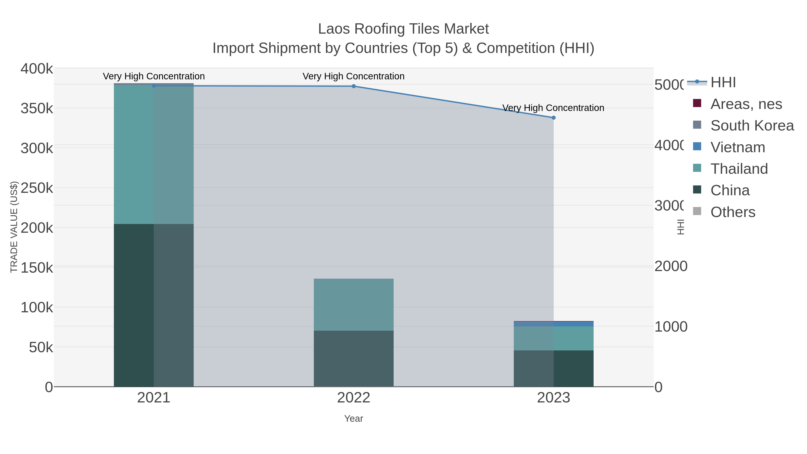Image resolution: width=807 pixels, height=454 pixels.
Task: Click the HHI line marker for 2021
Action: [x=154, y=86]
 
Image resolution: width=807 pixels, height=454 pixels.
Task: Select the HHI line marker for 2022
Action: [x=353, y=86]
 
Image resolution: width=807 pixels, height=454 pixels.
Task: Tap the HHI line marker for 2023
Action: [x=553, y=118]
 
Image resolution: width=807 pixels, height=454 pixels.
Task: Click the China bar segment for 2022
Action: [x=353, y=358]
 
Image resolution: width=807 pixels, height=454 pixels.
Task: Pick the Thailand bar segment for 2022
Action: [x=353, y=304]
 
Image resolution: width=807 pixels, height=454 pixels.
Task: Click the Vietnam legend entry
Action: [x=738, y=147]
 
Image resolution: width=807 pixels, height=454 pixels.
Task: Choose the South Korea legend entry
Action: [x=752, y=126]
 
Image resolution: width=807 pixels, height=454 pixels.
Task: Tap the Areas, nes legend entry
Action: [x=746, y=104]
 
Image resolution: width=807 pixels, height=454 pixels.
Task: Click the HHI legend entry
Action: [x=723, y=83]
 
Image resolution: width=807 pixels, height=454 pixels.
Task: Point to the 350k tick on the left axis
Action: [x=37, y=109]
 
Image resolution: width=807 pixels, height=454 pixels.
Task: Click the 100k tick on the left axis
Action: [x=37, y=308]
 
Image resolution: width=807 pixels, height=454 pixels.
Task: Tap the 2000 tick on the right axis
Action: [x=671, y=266]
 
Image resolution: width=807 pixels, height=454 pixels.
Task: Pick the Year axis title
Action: [x=353, y=419]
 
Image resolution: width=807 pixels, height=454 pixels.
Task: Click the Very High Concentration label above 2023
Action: [x=553, y=108]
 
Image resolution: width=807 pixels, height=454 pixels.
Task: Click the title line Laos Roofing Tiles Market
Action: [x=403, y=29]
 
